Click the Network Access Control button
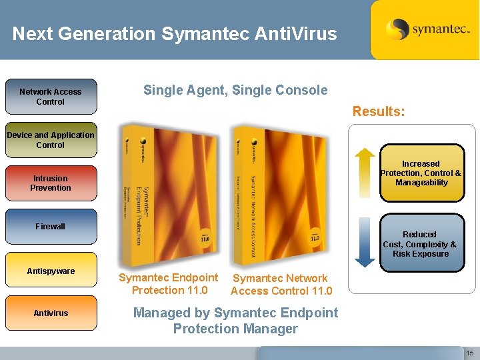tap(51, 97)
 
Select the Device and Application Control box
tap(51, 140)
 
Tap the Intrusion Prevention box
tap(51, 183)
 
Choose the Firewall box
tap(51, 227)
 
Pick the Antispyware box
tap(51, 271)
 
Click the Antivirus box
tap(51, 313)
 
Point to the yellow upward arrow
tap(364, 171)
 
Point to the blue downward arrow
tap(364, 242)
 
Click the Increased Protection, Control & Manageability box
tap(421, 173)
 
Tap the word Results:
tap(378, 111)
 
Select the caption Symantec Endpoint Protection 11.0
tap(168, 284)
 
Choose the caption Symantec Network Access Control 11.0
tap(280, 285)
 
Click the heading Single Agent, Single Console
tap(235, 90)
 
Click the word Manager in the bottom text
tap(269, 329)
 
